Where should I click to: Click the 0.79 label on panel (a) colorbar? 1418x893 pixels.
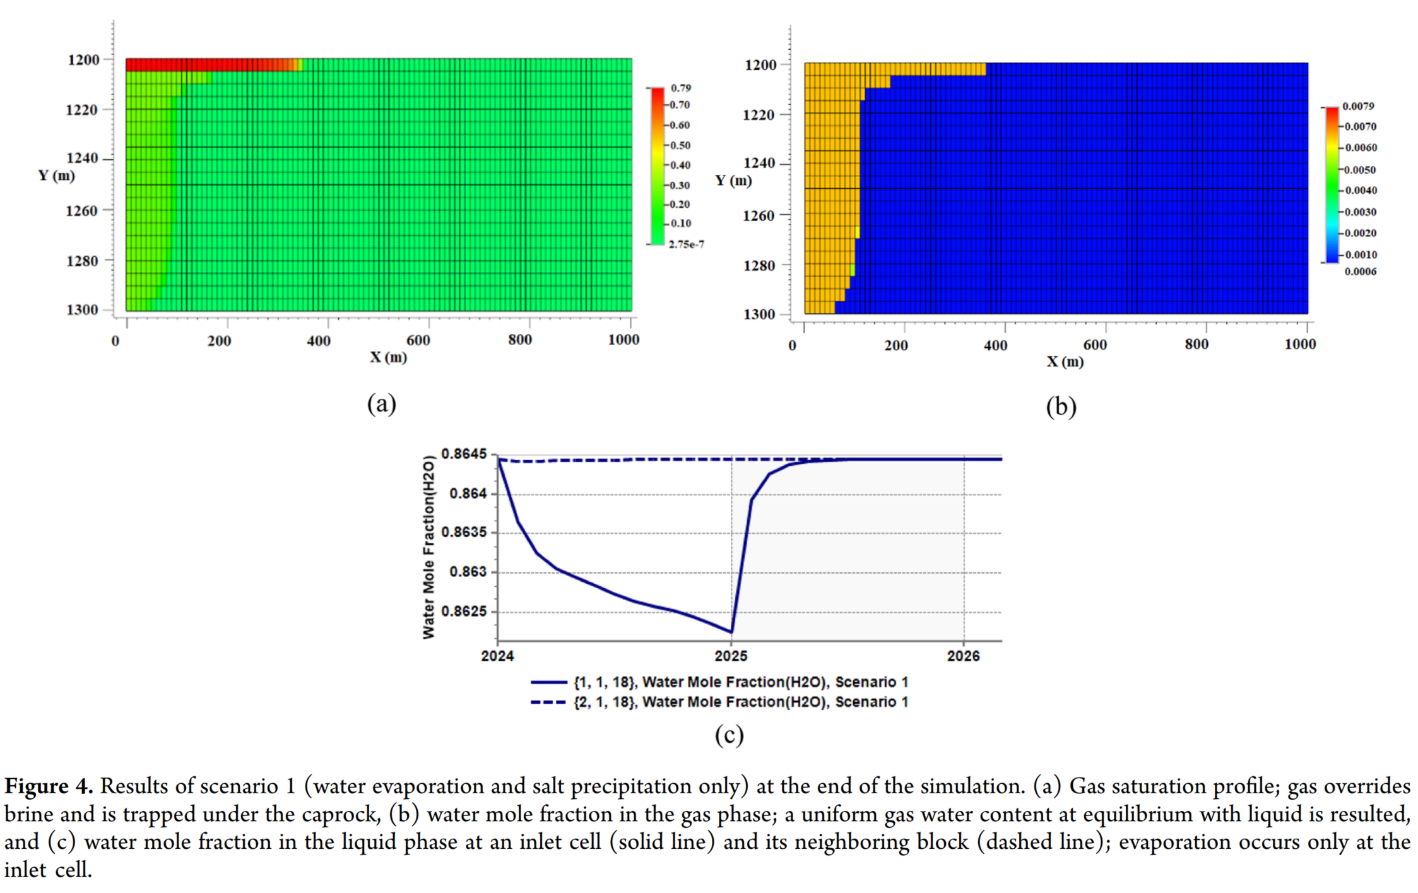pos(681,88)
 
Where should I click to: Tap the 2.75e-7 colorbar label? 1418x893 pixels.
pos(686,244)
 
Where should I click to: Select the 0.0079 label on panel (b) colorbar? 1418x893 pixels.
pos(1358,106)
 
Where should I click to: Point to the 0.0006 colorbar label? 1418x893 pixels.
pos(1361,272)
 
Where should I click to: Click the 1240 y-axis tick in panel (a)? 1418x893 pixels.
pos(83,158)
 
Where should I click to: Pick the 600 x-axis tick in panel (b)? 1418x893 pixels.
pos(1095,345)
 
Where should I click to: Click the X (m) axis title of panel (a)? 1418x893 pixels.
pos(388,358)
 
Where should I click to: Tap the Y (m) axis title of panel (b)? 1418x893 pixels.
pos(733,180)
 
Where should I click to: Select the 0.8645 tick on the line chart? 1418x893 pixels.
pos(464,454)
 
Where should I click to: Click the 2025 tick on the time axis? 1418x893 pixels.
pos(731,656)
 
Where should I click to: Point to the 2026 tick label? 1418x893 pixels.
pos(964,656)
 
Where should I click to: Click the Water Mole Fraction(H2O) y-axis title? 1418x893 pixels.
pos(429,547)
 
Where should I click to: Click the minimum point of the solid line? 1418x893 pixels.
pos(731,632)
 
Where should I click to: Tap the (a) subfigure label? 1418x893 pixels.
pos(382,404)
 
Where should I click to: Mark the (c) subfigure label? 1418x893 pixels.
pos(729,735)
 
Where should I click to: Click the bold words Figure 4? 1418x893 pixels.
pos(49,786)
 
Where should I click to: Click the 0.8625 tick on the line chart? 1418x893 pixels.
pos(464,612)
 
